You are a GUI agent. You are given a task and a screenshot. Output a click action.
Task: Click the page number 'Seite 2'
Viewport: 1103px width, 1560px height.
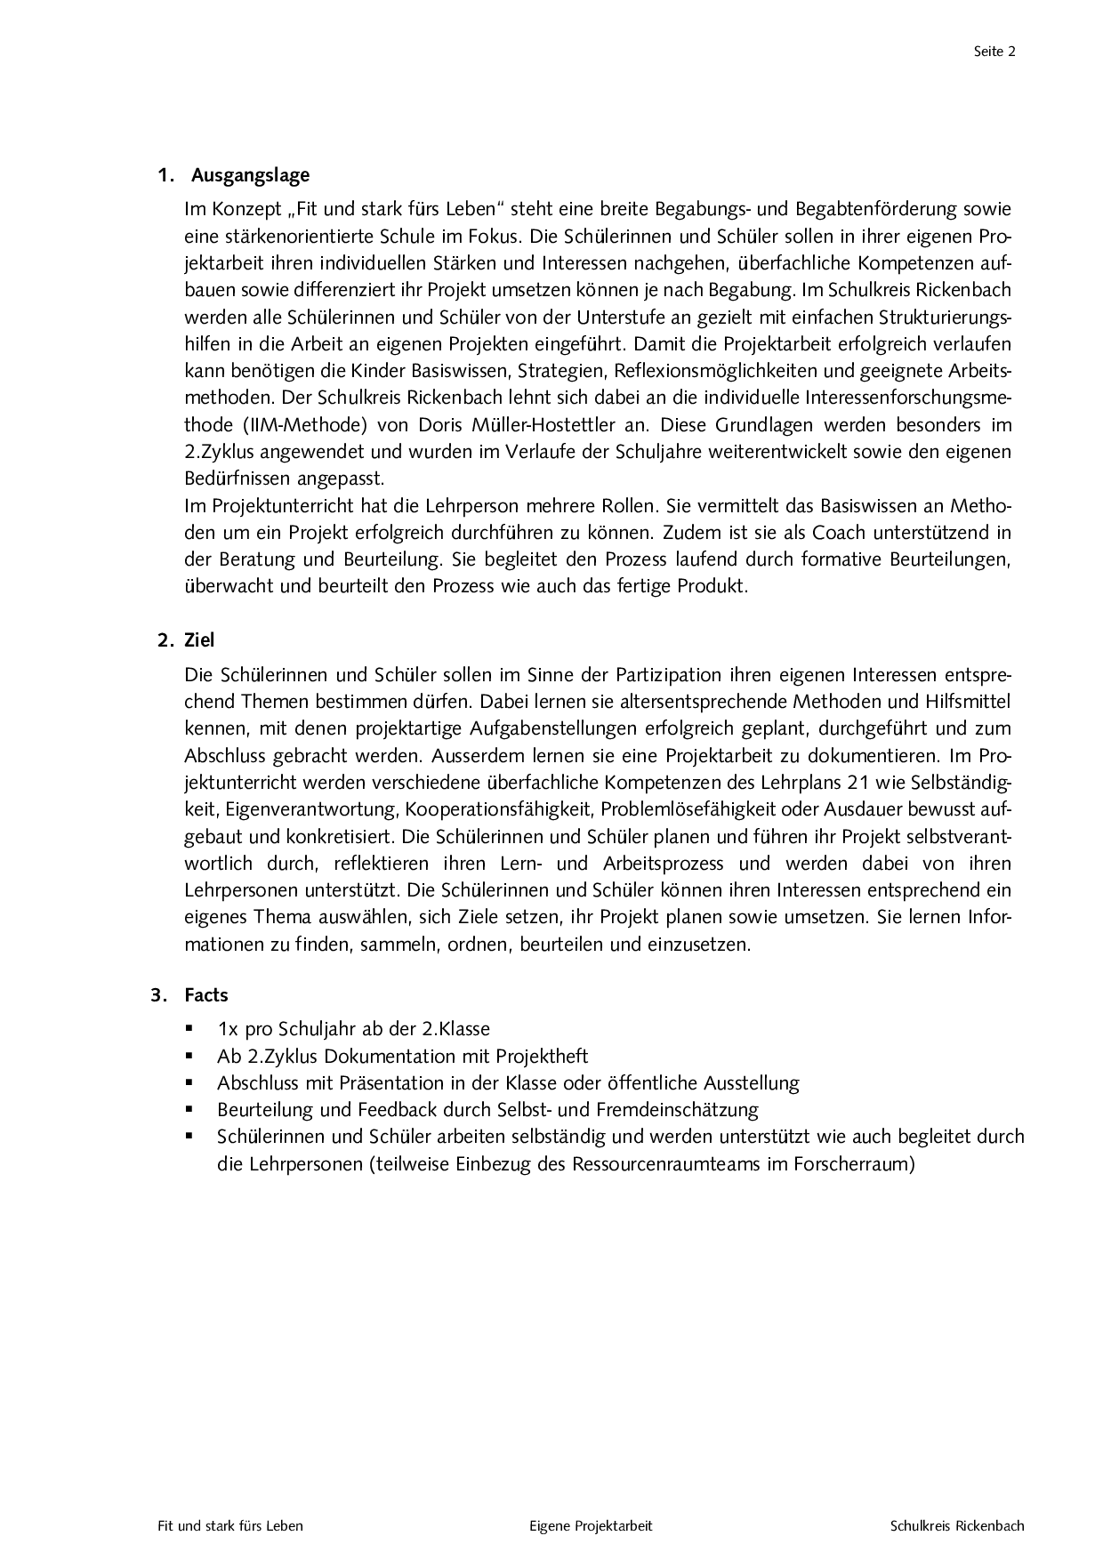pos(994,52)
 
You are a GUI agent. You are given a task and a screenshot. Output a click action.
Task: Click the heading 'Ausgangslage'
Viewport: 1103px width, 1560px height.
pos(250,175)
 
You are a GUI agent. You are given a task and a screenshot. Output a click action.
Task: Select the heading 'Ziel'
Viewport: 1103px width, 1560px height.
pos(199,640)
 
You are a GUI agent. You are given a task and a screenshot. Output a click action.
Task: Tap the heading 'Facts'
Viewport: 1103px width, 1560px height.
pos(206,995)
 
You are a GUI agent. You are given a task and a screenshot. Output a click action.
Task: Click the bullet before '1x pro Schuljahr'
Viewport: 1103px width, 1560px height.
pos(189,1029)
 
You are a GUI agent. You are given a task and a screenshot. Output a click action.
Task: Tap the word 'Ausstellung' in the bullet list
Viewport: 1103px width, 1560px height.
pos(751,1083)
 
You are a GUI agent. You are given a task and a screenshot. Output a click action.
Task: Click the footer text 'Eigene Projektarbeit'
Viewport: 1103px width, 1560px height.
pos(591,1526)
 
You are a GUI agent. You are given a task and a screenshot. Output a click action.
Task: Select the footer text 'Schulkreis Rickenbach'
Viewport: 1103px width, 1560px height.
pos(957,1526)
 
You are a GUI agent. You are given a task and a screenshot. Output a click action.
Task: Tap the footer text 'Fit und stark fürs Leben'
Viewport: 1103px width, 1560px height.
pos(230,1526)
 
